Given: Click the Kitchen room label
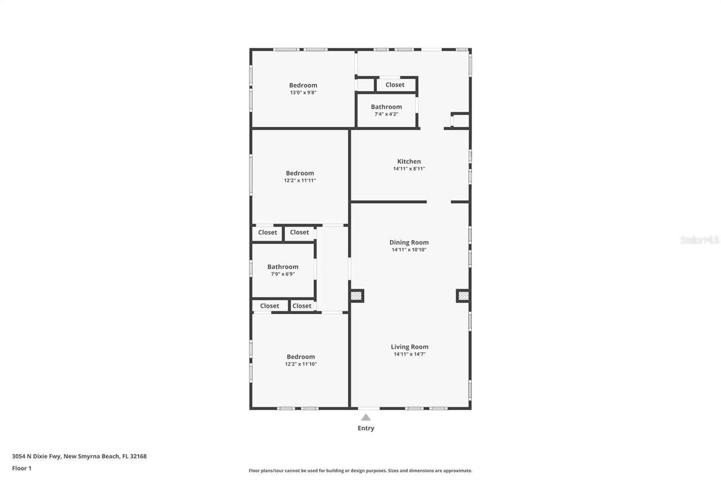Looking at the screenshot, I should [409, 161].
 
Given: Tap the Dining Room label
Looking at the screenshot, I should [409, 242].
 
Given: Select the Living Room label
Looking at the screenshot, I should [409, 347].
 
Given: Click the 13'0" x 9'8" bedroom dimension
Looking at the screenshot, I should [303, 93].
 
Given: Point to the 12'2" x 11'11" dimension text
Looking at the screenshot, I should [300, 181].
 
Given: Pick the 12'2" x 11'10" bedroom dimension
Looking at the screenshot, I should [301, 364].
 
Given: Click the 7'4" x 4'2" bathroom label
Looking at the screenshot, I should [386, 114].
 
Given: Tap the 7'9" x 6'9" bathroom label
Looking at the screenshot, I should [283, 274].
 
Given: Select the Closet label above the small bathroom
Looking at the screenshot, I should [395, 85].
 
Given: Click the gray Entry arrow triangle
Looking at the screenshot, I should [366, 418].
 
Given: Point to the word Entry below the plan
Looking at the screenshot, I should [366, 428].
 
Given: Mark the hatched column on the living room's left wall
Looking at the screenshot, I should [356, 296].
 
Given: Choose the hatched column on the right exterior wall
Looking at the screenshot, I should [463, 296].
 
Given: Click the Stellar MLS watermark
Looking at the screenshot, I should [699, 240].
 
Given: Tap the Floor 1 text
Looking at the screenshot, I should [22, 468].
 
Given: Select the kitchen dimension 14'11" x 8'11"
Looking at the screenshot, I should [409, 169].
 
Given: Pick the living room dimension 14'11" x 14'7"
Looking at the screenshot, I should [409, 354].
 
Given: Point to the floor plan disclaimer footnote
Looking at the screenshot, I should [360, 471].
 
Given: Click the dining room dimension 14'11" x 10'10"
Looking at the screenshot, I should [409, 250].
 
